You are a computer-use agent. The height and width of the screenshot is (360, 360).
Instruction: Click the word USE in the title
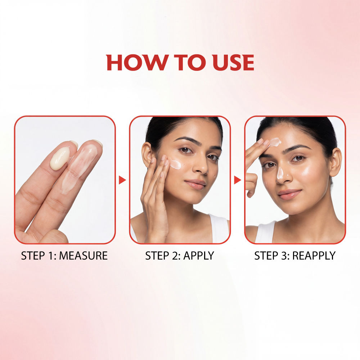tap(233, 62)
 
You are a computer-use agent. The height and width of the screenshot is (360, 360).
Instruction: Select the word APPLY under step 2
tap(199, 256)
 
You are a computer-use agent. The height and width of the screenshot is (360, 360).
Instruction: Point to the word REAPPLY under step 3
tap(314, 256)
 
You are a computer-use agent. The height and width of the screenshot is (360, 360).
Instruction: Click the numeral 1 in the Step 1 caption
tap(51, 256)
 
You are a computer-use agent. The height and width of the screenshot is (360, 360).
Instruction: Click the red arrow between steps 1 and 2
tap(122, 180)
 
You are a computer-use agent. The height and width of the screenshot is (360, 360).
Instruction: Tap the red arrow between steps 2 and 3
tap(237, 180)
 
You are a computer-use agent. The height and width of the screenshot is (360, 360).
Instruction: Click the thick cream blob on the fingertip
tap(60, 158)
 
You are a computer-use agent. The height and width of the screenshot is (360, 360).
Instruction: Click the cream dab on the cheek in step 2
tap(176, 164)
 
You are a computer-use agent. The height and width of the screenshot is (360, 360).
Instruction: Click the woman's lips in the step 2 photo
tap(195, 184)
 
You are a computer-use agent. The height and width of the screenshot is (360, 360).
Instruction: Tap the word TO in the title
tap(189, 62)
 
